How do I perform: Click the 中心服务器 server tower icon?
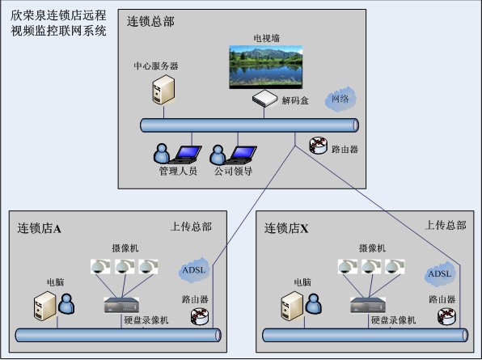coord(163,90)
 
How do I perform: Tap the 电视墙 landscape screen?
coord(266,67)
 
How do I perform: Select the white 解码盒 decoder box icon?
coord(264,99)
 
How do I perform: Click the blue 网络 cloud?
coord(340,99)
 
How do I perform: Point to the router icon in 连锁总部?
coord(319,146)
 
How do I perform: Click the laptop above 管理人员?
coord(186,155)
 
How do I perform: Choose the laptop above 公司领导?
coord(241,155)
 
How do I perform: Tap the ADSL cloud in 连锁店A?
coord(194,270)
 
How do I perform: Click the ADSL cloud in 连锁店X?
coord(440,274)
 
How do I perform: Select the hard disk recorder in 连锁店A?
coord(121,305)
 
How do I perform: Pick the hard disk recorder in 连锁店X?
coord(368,305)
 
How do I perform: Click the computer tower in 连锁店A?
coord(44,306)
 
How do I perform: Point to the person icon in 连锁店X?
coord(314,304)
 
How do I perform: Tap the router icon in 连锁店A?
coord(200,316)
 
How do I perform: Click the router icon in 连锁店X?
coord(446,316)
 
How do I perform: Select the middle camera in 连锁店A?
coord(125,267)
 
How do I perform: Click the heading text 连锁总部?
coord(150,22)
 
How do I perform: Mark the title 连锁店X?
coord(286,228)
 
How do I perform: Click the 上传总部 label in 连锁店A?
coord(191,227)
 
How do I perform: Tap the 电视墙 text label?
coord(267,38)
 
